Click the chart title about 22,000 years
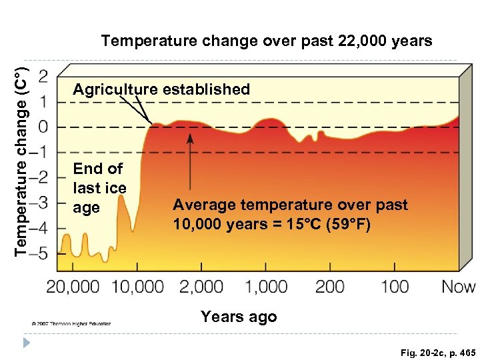(266, 41)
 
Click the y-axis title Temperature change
(21, 159)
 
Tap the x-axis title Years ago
(239, 317)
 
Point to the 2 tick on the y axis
(43, 76)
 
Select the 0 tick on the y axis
(43, 127)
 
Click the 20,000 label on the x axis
(73, 287)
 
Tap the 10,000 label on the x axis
(137, 287)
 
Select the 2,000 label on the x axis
(201, 287)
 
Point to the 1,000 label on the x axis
(265, 287)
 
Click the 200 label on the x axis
(329, 287)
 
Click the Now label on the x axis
(459, 287)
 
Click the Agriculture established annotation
(161, 89)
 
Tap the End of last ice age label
(99, 188)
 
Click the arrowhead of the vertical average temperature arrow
(190, 137)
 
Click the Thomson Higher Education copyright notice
(71, 323)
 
